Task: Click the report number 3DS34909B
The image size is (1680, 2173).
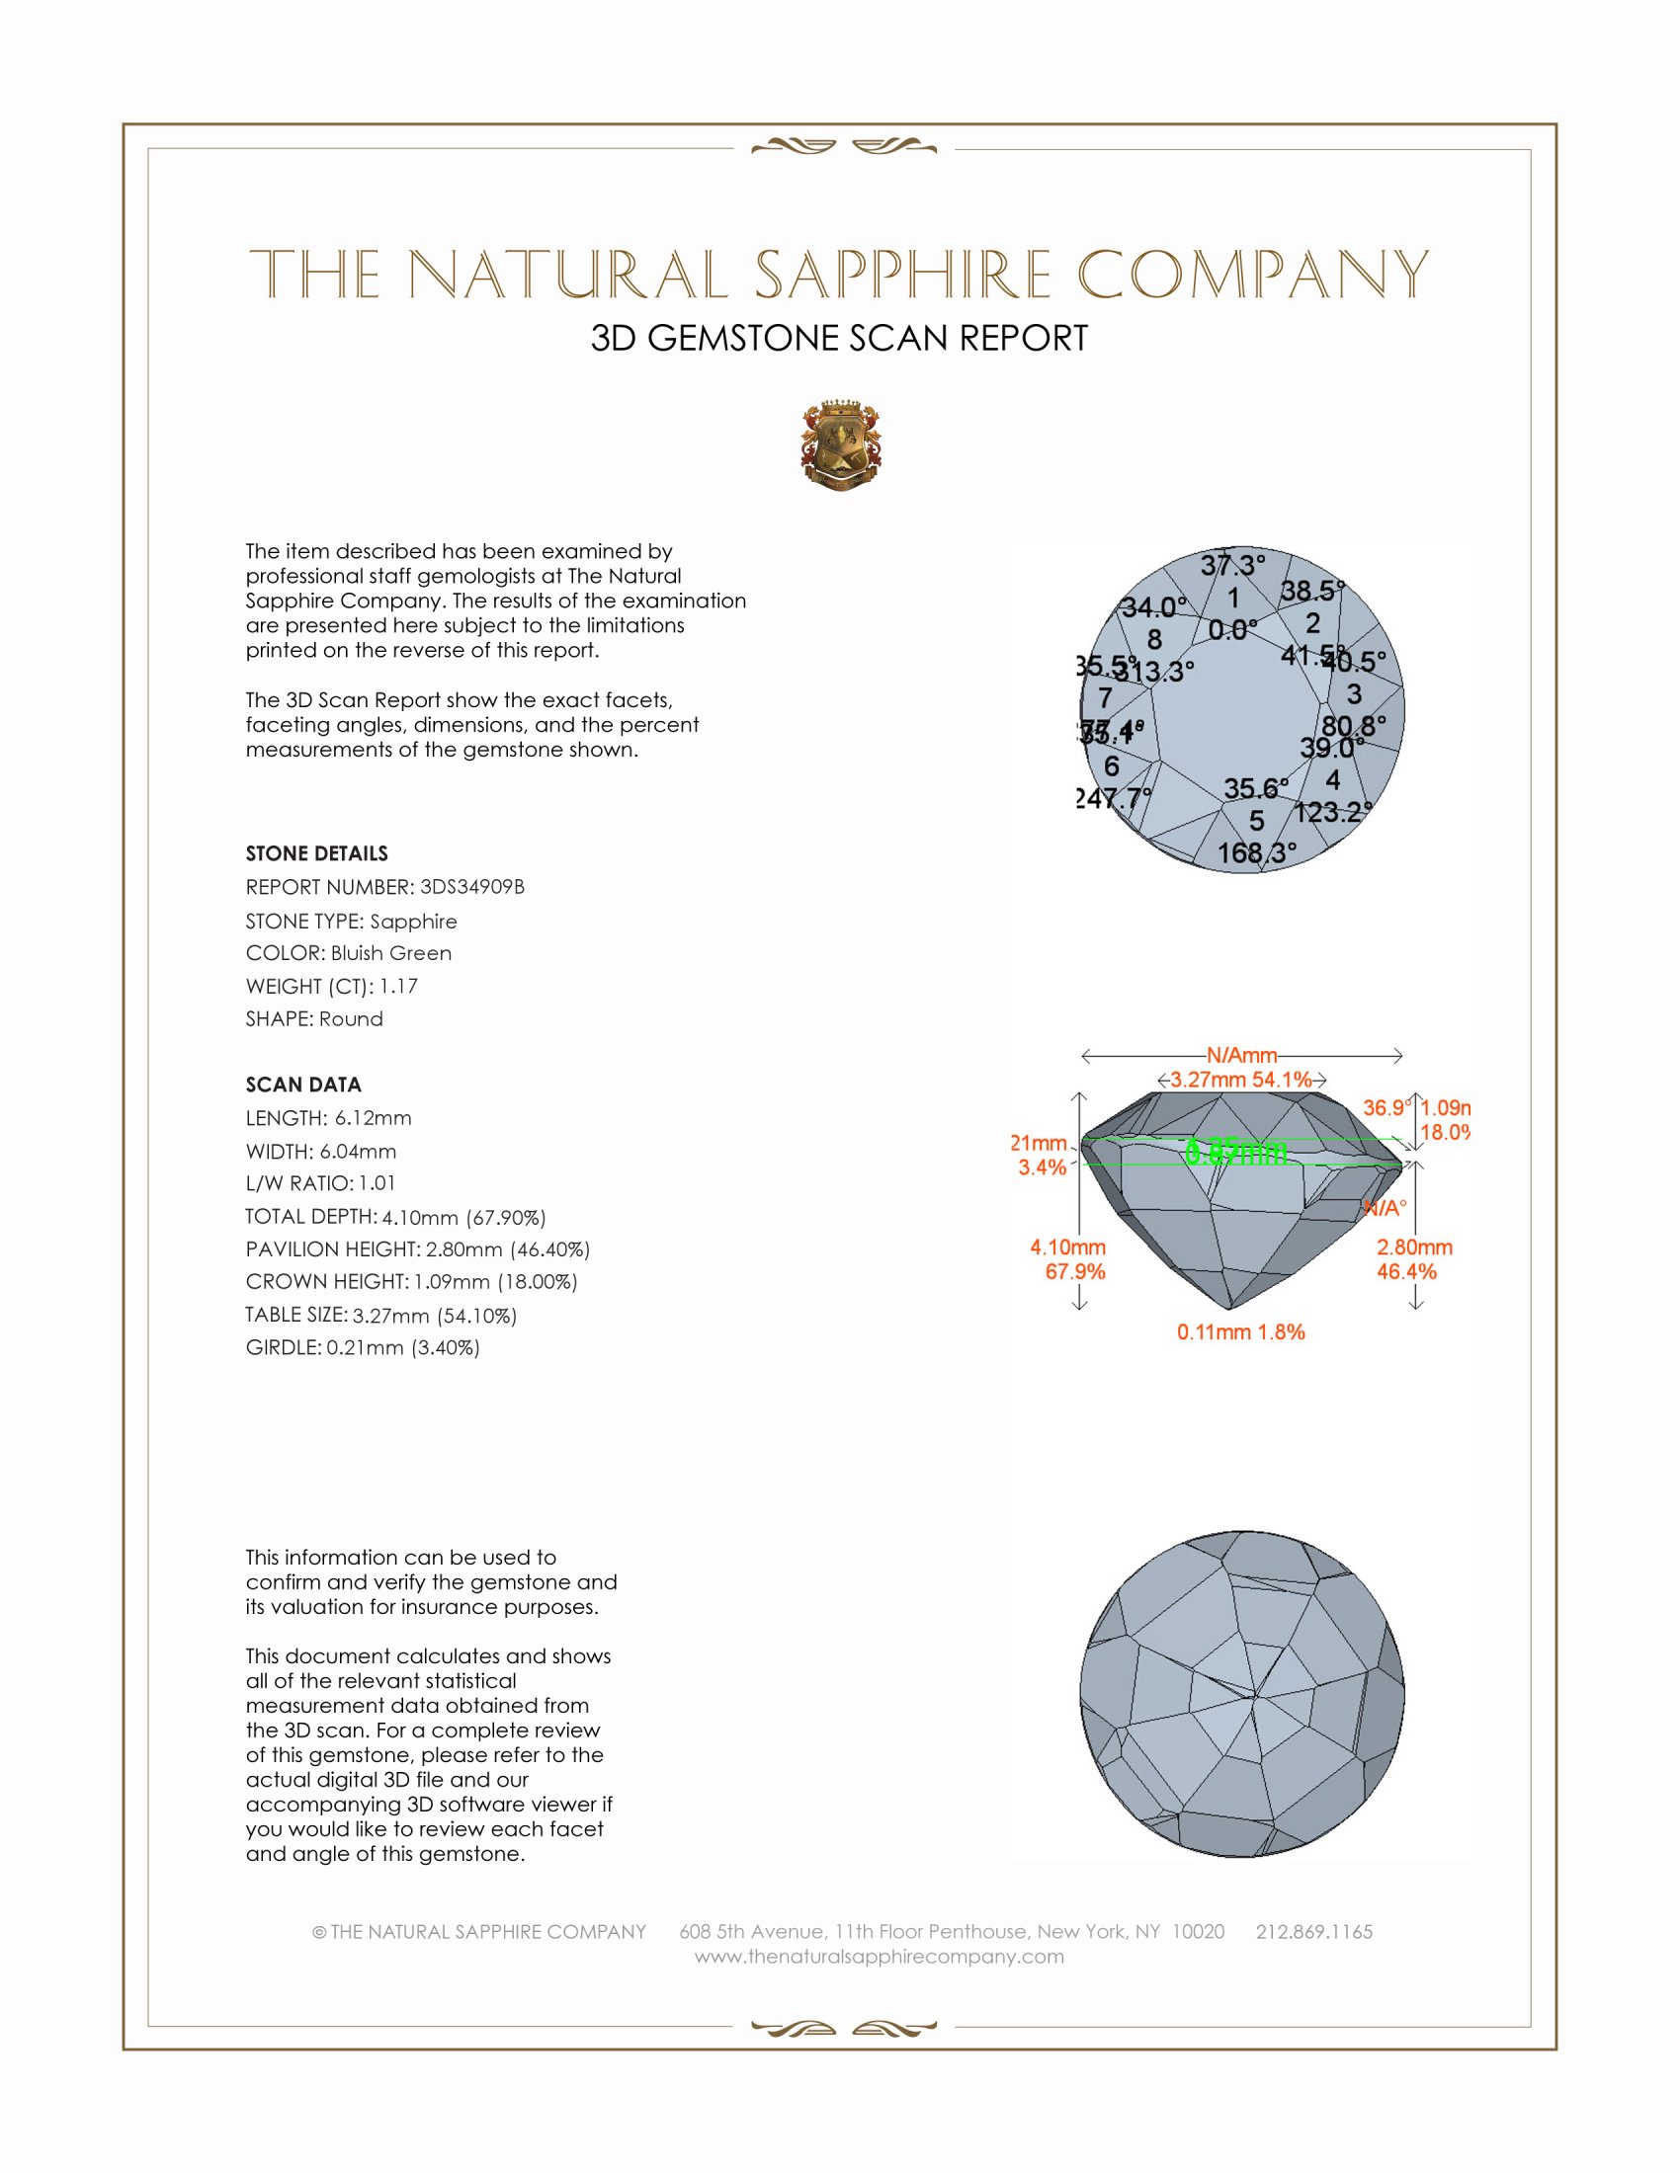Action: [x=471, y=887]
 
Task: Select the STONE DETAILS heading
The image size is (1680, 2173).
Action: [x=316, y=853]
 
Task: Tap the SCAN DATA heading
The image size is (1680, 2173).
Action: [x=303, y=1085]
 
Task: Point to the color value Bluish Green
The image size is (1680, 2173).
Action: [x=391, y=953]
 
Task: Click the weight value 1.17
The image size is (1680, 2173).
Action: [x=398, y=986]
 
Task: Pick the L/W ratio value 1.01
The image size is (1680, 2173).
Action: [x=378, y=1184]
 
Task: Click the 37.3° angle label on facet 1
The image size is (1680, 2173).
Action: [x=1232, y=566]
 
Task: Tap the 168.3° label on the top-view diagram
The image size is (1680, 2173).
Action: [x=1257, y=852]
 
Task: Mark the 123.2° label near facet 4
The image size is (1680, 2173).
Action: [x=1333, y=812]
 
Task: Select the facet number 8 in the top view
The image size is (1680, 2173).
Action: [x=1154, y=639]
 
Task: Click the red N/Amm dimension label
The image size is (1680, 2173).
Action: [x=1241, y=1055]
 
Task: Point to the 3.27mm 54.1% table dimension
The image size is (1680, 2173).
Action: [x=1241, y=1080]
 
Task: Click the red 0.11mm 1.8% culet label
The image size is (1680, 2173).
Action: [x=1240, y=1332]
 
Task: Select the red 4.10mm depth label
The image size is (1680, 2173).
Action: [x=1068, y=1247]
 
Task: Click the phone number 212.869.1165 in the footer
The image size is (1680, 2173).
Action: [x=1313, y=1931]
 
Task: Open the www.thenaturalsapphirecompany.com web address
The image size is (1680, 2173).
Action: [x=879, y=1956]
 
